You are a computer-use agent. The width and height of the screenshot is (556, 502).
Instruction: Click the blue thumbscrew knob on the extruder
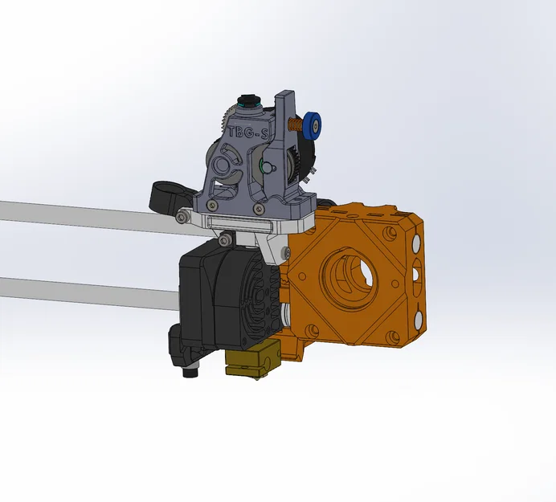[315, 124]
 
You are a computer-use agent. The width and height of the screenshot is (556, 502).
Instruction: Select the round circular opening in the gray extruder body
[227, 163]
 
